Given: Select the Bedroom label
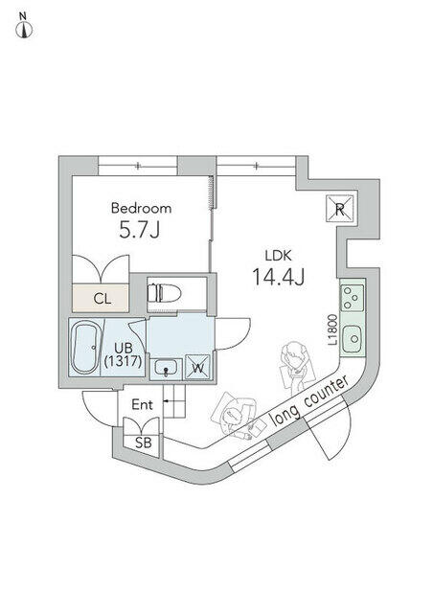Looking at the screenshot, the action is [141, 208].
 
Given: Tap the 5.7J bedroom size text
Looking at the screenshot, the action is [140, 230].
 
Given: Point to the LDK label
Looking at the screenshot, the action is [279, 256].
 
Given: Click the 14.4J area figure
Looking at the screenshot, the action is [279, 277].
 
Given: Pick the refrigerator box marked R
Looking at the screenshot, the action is [339, 209].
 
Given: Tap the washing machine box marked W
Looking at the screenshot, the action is [198, 367].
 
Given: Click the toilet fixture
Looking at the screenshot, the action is [164, 293].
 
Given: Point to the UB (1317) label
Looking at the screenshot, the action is [124, 354].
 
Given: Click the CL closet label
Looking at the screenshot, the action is [103, 299].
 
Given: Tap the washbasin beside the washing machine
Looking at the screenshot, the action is [166, 368].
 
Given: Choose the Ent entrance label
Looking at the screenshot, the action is [143, 404].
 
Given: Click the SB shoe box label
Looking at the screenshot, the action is [143, 443].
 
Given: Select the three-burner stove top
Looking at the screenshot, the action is [352, 298].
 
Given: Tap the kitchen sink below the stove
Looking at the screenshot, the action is [353, 339].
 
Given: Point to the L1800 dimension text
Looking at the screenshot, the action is [332, 329].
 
